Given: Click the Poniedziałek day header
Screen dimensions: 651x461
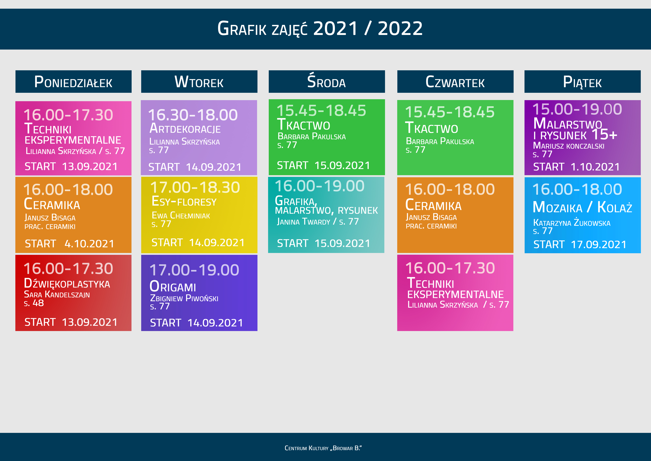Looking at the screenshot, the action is coord(73,82).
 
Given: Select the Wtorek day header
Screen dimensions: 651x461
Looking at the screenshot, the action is coord(199,82).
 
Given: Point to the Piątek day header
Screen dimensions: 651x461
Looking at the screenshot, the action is coord(582,82).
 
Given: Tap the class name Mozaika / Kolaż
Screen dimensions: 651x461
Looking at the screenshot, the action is coord(582,207).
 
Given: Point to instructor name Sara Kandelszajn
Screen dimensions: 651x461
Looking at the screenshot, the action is coord(57,294).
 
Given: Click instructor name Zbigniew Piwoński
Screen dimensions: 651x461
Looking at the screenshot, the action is coord(184,298).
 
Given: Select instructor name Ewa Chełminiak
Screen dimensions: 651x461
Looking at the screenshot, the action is coord(181,216).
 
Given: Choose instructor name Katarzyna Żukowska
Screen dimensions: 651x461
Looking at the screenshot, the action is coord(572,223).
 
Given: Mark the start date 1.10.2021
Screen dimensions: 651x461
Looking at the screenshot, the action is coord(595,167).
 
